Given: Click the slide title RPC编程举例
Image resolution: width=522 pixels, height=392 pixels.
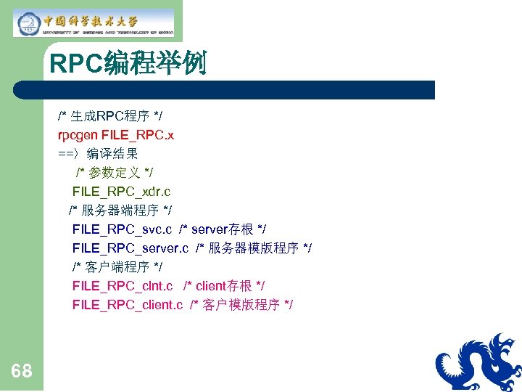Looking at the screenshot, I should pyautogui.click(x=128, y=64).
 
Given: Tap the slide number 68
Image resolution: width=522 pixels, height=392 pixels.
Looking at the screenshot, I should pyautogui.click(x=22, y=371).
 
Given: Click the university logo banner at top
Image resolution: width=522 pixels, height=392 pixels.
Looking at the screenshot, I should pyautogui.click(x=94, y=23).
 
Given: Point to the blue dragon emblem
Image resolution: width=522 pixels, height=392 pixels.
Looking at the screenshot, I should pyautogui.click(x=478, y=363).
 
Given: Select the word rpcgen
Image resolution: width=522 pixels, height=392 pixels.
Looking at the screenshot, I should pyautogui.click(x=78, y=135).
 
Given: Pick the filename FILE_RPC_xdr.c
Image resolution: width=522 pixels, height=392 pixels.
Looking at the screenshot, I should pyautogui.click(x=121, y=192).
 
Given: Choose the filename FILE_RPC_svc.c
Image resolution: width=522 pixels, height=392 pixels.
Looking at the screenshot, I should pyautogui.click(x=122, y=229).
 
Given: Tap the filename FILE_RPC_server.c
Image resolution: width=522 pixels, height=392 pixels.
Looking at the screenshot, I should pyautogui.click(x=130, y=248).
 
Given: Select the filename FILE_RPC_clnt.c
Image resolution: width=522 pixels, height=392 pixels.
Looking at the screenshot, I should pyautogui.click(x=123, y=286).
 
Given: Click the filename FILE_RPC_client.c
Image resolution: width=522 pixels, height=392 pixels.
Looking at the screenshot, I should pyautogui.click(x=128, y=305).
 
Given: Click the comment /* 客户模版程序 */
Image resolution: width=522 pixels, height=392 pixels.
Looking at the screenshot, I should pyautogui.click(x=241, y=305).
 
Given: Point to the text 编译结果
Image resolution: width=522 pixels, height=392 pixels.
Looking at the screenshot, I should pyautogui.click(x=112, y=154).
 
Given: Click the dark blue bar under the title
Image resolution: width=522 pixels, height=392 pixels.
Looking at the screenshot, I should pyautogui.click(x=225, y=90).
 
